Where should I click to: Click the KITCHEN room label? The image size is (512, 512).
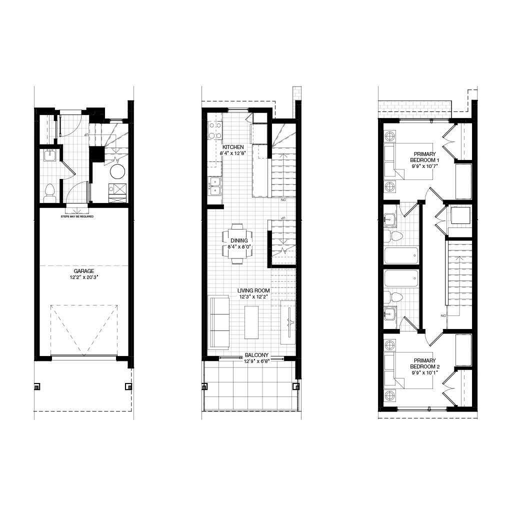[x=233, y=147]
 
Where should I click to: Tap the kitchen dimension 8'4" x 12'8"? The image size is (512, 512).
[x=233, y=153]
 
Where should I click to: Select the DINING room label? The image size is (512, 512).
[x=239, y=241]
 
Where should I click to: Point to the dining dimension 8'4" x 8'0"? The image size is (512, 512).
[x=239, y=247]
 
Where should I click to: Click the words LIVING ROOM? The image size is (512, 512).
[x=253, y=291]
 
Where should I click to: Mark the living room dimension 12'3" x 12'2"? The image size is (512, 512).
[x=253, y=297]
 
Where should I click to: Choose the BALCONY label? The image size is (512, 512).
[x=256, y=355]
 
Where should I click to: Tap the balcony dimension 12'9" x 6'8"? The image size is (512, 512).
[x=256, y=361]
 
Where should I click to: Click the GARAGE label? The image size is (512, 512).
[x=84, y=271]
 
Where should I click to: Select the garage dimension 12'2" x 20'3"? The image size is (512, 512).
[x=84, y=277]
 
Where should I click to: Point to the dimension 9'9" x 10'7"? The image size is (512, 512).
[x=425, y=166]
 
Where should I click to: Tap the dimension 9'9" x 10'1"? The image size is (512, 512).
[x=425, y=372]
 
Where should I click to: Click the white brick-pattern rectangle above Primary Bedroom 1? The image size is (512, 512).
[x=414, y=109]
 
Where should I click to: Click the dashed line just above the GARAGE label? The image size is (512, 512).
[x=84, y=265]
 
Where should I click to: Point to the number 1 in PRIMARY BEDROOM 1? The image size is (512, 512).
[x=438, y=160]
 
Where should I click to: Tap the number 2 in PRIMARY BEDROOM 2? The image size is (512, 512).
[x=438, y=367]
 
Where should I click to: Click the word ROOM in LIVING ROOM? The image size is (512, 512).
[x=263, y=291]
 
